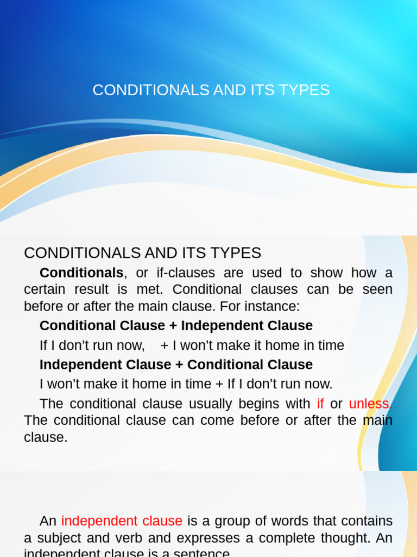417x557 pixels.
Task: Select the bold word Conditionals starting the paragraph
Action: (81, 273)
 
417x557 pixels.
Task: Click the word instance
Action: (274, 306)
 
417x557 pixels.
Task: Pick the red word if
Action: (320, 404)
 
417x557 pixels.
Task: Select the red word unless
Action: (369, 404)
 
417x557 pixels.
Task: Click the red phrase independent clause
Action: (122, 521)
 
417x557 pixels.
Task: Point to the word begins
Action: (263, 404)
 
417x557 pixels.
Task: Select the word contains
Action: (367, 521)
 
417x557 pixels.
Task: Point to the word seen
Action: (377, 289)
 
